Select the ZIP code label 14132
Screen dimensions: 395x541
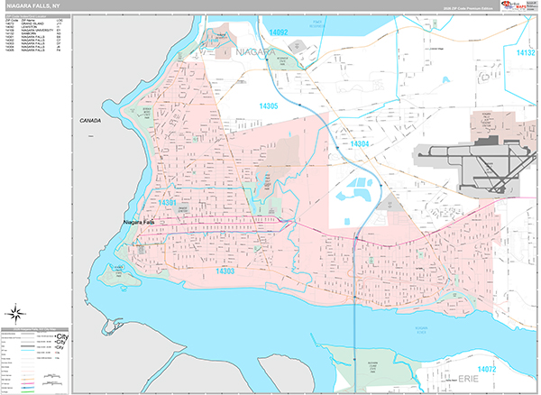coord(526,53)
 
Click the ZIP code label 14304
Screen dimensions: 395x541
coord(359,144)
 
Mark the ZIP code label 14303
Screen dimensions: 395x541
coord(225,270)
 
